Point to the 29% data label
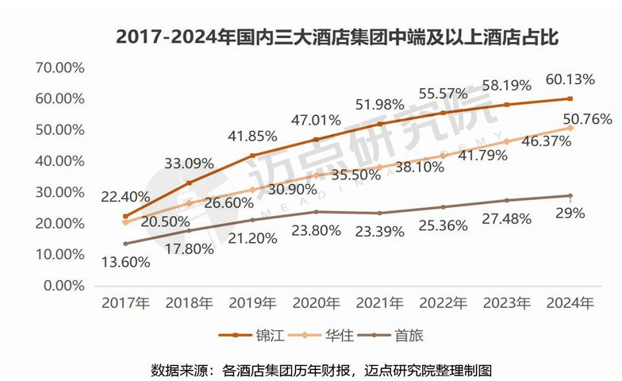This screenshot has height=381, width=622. coord(570,213)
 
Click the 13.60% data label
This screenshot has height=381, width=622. coord(125,262)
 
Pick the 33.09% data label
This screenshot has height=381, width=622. coord(189,164)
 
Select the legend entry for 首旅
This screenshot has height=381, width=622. coord(392,335)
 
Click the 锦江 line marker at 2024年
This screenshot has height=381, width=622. coord(570,98)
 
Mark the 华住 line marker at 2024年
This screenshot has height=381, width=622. coord(570,128)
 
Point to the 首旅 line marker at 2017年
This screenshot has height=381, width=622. coord(125,243)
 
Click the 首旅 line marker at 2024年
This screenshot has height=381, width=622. coord(570,195)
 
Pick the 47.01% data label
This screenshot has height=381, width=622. coord(317,121)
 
